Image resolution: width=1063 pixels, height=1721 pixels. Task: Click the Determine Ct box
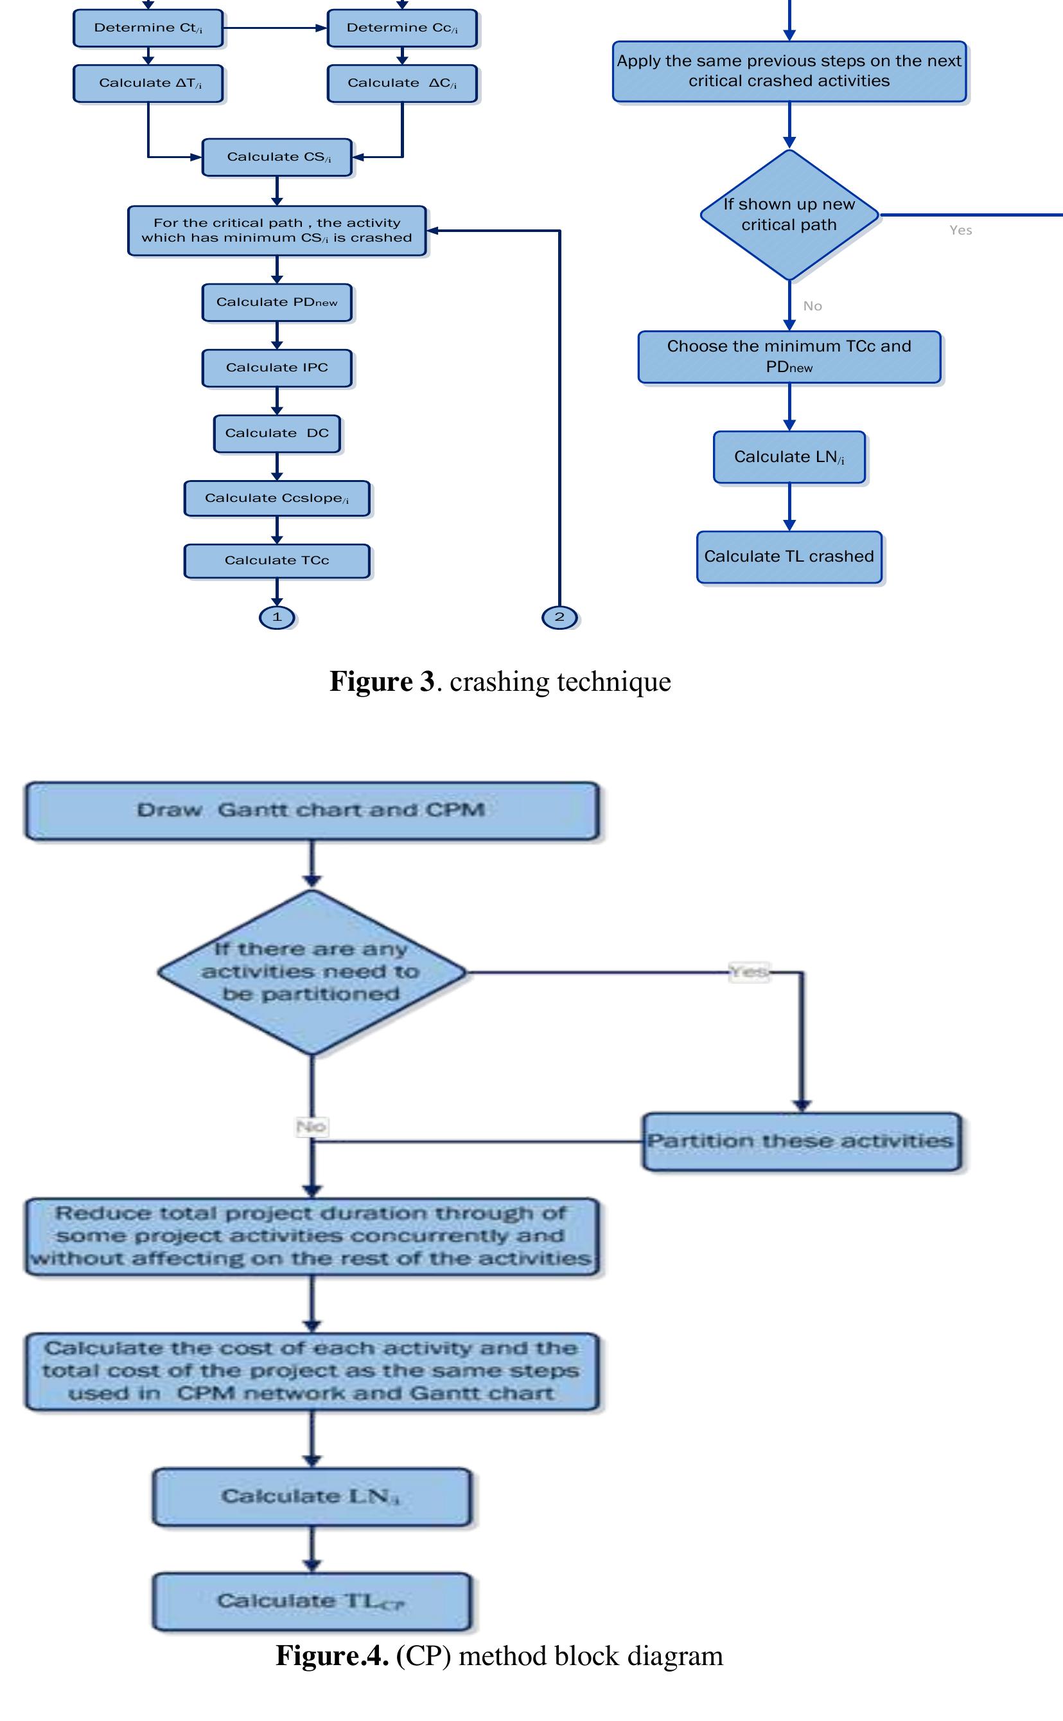point(148,28)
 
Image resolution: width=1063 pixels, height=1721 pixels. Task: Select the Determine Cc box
point(402,28)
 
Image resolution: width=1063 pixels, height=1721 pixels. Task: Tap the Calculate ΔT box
point(148,83)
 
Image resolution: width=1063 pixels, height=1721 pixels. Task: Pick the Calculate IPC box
point(277,368)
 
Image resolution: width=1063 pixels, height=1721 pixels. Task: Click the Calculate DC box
point(277,433)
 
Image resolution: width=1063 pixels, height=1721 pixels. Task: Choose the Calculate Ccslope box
point(277,498)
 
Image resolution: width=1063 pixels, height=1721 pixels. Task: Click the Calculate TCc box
point(277,560)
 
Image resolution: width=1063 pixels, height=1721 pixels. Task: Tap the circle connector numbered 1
point(277,618)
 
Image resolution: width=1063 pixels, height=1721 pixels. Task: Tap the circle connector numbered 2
point(559,618)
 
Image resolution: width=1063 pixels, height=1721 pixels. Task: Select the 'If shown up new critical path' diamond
point(789,215)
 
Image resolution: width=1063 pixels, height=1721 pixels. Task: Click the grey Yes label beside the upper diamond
point(960,230)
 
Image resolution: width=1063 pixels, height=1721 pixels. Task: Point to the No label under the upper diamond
point(813,306)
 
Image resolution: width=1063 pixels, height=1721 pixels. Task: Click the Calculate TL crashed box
point(789,557)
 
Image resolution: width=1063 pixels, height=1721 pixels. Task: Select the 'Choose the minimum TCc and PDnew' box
point(789,357)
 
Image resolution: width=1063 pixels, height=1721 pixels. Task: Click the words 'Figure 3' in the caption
point(382,681)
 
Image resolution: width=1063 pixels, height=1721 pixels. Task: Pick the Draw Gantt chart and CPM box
point(312,810)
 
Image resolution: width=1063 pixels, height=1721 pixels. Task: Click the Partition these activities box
point(801,1141)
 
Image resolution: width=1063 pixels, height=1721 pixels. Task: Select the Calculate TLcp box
point(312,1601)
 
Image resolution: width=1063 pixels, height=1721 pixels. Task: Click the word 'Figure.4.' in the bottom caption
point(332,1656)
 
